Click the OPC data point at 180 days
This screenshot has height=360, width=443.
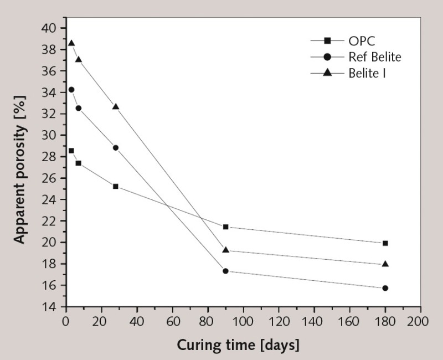pyautogui.click(x=385, y=243)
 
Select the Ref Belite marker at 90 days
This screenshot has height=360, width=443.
pyautogui.click(x=225, y=271)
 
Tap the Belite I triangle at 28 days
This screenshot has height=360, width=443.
pyautogui.click(x=115, y=106)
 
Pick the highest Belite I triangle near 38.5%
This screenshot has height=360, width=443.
pyautogui.click(x=71, y=43)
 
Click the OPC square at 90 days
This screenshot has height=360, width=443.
pyautogui.click(x=225, y=227)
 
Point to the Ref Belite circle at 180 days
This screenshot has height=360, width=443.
pyautogui.click(x=385, y=288)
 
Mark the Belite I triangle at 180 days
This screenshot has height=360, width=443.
pyautogui.click(x=385, y=264)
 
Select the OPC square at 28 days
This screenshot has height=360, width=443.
pyautogui.click(x=115, y=186)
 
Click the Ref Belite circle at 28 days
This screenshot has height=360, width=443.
pyautogui.click(x=115, y=148)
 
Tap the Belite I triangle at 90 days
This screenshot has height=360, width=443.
pyautogui.click(x=225, y=250)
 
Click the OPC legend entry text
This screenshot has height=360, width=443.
pyautogui.click(x=362, y=40)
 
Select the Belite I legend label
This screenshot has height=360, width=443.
pyautogui.click(x=367, y=73)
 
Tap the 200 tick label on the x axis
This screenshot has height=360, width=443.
pyautogui.click(x=419, y=321)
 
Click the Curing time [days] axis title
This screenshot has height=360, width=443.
pyautogui.click(x=238, y=344)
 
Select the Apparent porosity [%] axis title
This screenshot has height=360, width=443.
pyautogui.click(x=20, y=166)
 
